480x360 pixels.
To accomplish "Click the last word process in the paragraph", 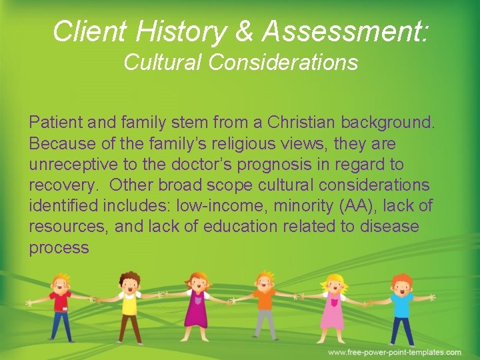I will pyautogui.click(x=59, y=248).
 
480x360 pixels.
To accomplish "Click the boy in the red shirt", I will pyautogui.click(x=61, y=307).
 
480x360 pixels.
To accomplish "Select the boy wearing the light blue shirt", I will pyautogui.click(x=401, y=307).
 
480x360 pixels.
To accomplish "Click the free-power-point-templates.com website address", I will pyautogui.click(x=394, y=352).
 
